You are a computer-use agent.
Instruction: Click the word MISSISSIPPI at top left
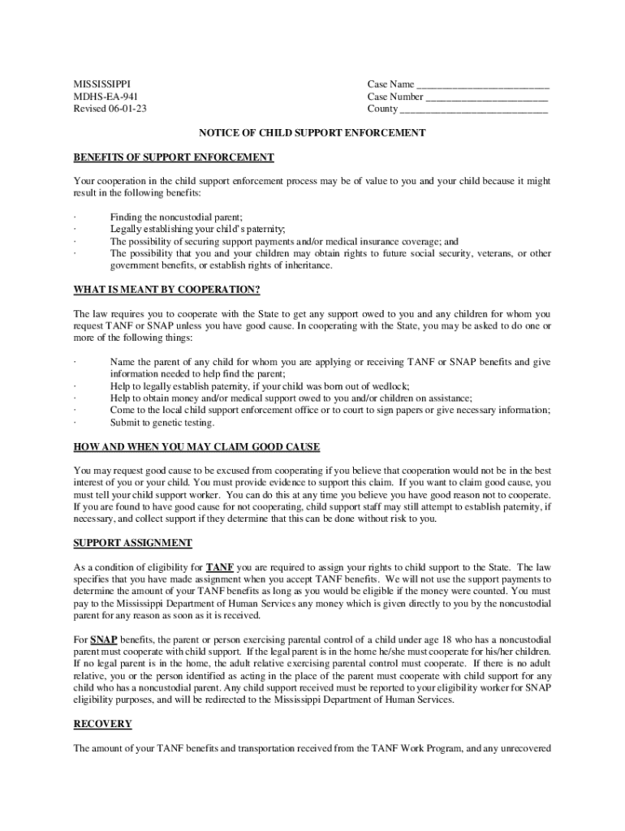[101, 84]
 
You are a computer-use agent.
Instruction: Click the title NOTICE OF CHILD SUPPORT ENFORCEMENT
[313, 132]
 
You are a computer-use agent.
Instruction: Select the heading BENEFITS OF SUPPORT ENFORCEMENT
[174, 157]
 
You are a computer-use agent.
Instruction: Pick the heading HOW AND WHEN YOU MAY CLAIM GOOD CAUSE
[196, 446]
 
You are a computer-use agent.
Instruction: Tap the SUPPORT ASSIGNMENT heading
[133, 542]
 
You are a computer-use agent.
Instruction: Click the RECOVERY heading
[102, 723]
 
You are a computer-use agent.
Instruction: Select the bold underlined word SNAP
[103, 639]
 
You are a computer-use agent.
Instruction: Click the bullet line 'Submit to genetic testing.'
[162, 423]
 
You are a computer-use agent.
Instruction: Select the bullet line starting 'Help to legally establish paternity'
[260, 386]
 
